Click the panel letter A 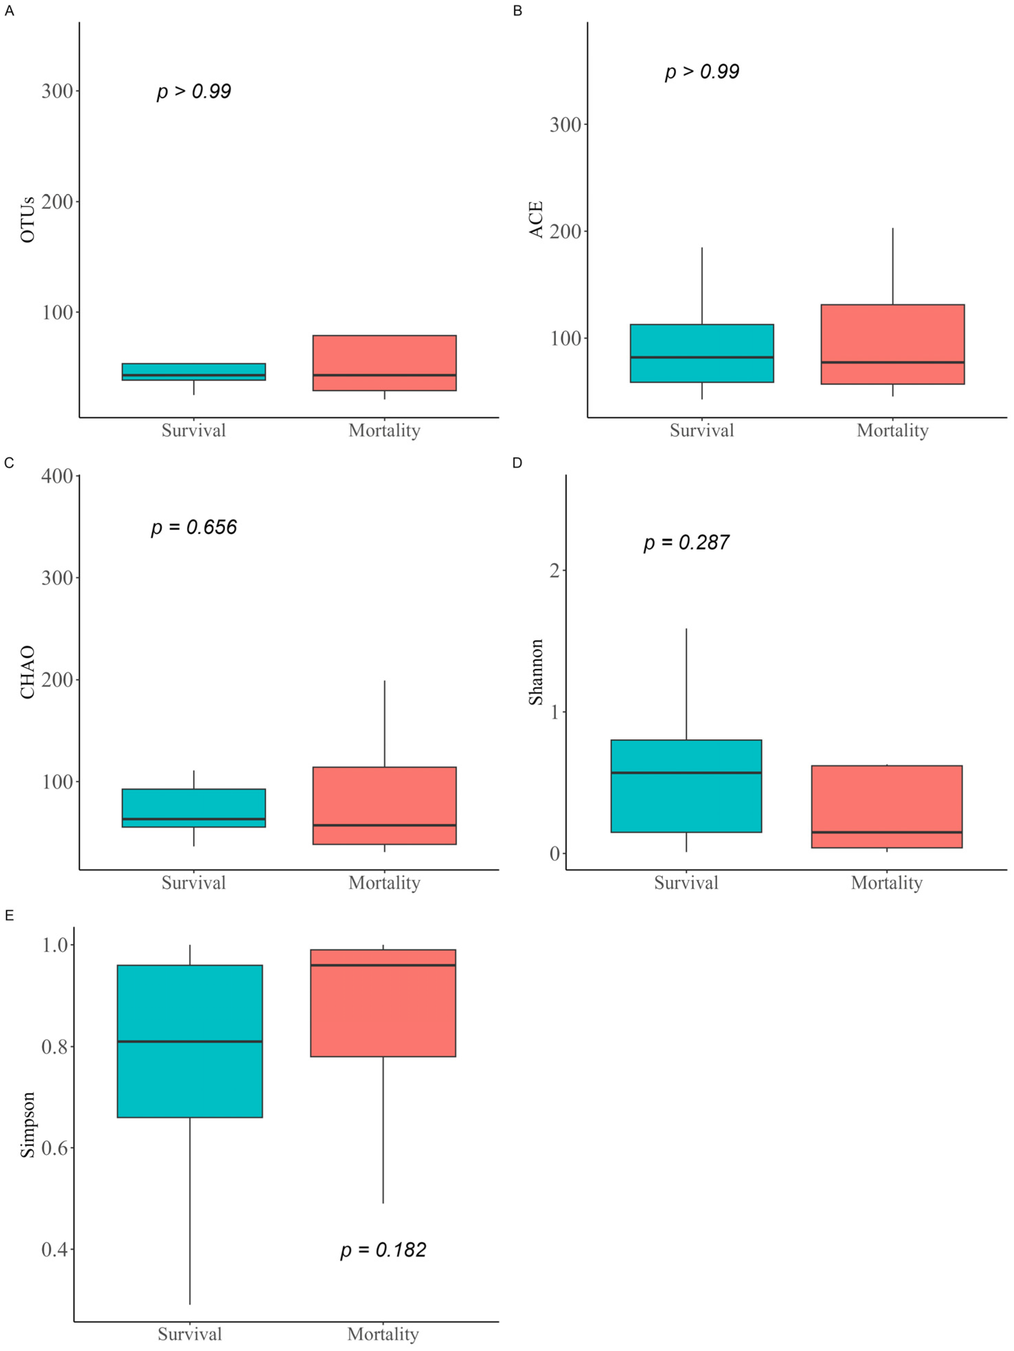(x=9, y=11)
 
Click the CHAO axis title (x=27, y=672)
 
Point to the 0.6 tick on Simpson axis (x=54, y=1148)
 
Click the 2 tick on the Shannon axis (x=554, y=571)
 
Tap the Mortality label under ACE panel (x=893, y=431)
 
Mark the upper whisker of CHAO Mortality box (x=384, y=724)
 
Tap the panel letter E (x=9, y=916)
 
